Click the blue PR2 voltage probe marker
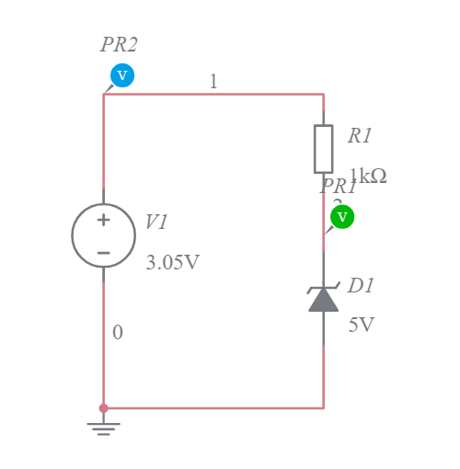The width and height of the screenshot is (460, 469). [122, 75]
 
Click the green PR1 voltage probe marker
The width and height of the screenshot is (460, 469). [342, 216]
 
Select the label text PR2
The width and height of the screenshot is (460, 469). [120, 44]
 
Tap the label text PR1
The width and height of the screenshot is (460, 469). [338, 186]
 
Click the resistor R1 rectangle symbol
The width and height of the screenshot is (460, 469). [323, 148]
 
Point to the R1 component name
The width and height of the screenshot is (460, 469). [360, 136]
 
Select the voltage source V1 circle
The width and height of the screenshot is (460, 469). [104, 235]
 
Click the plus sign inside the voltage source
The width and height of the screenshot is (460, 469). [104, 220]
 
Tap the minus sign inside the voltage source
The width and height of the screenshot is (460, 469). [104, 252]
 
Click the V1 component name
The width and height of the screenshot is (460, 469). [157, 223]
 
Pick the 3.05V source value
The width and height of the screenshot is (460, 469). [172, 263]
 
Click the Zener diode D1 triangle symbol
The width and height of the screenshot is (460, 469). [323, 300]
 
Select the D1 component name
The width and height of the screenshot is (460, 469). [361, 286]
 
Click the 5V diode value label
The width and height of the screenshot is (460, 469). [361, 326]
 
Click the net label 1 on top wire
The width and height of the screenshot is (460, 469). [213, 82]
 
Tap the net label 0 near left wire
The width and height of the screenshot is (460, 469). [117, 333]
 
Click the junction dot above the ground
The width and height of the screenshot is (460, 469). [103, 407]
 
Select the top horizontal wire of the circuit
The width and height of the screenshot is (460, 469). [239, 94]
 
